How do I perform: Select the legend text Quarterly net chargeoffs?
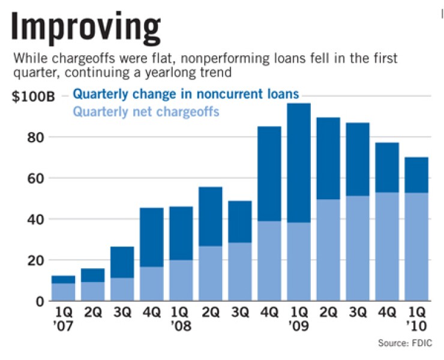(146, 111)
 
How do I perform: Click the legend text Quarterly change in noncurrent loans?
(185, 95)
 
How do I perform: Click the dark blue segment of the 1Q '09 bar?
(298, 162)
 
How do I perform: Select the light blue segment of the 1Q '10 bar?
(416, 247)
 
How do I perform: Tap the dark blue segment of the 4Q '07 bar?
(152, 237)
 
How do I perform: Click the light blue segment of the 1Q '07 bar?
(63, 292)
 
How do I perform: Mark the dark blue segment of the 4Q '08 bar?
(269, 173)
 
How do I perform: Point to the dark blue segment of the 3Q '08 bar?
(239, 221)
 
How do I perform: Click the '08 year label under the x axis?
(181, 328)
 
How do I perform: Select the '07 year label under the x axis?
(64, 328)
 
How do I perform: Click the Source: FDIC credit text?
(405, 343)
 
